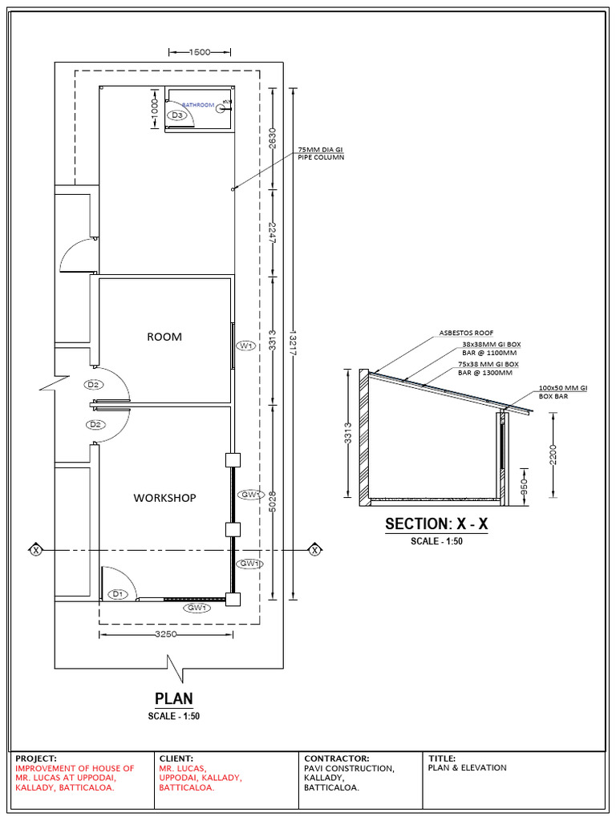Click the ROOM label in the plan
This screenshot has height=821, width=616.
point(164,337)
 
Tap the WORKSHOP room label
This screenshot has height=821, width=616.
point(164,498)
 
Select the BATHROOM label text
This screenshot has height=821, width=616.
point(198,105)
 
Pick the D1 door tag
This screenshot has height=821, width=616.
point(117,594)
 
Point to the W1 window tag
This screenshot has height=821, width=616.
point(245,346)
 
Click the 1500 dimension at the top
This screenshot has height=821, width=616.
point(200,52)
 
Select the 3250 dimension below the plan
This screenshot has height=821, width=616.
point(164,635)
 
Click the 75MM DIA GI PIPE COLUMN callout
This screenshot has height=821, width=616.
point(320,153)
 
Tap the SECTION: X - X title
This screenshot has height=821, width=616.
point(436,524)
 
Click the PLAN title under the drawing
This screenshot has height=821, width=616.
point(173,699)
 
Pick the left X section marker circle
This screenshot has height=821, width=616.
point(35,549)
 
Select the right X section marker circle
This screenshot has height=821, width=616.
point(314,549)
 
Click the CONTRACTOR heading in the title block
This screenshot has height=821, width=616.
point(336,758)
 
